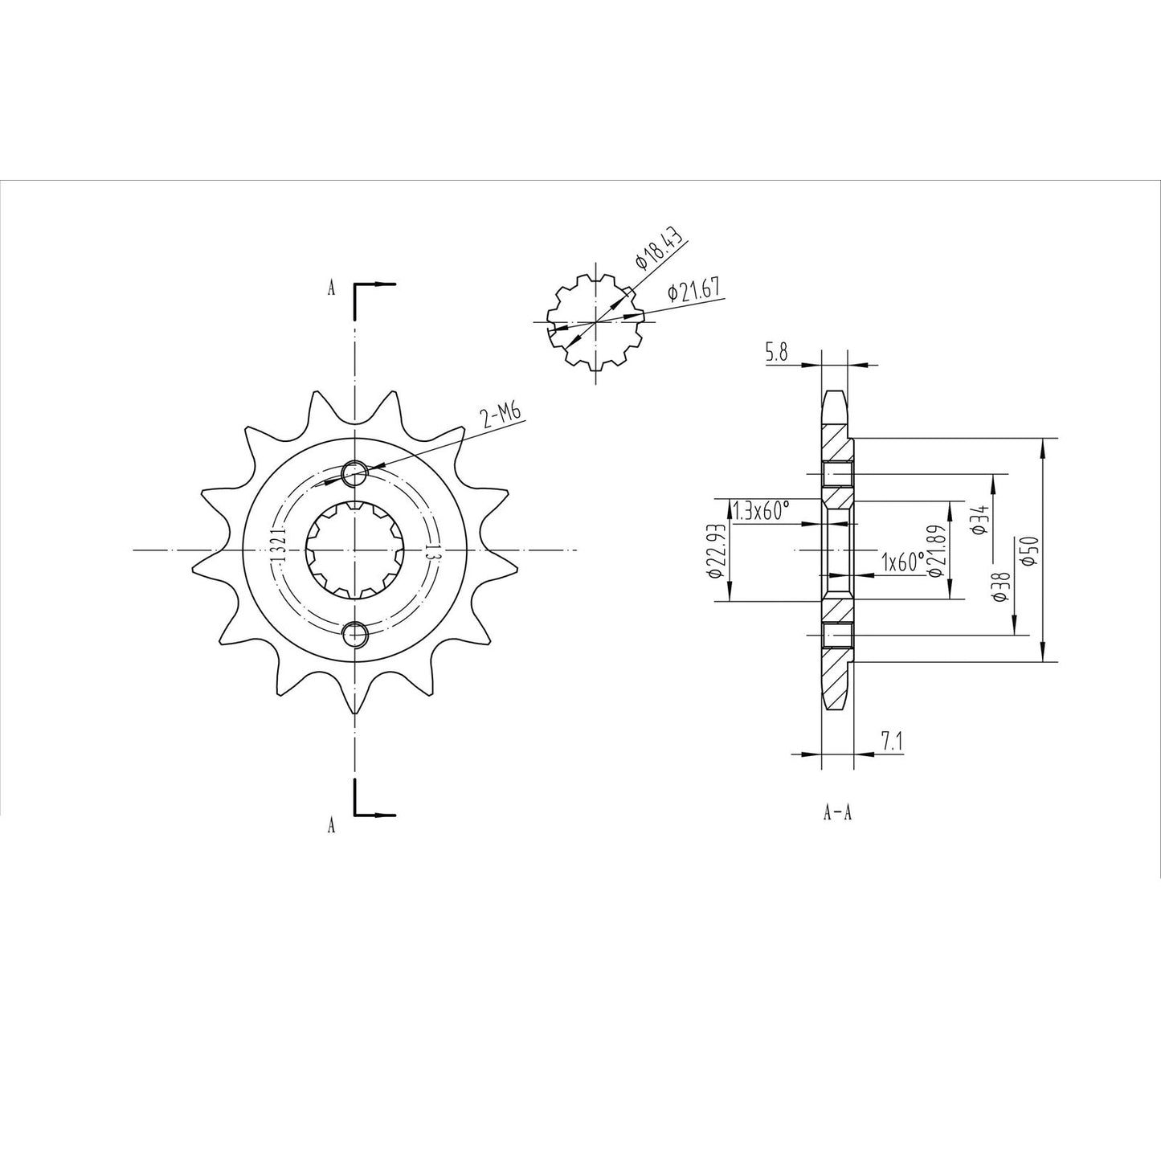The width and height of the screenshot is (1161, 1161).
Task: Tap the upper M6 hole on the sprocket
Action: point(354,474)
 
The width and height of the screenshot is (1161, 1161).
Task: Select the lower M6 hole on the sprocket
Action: point(354,634)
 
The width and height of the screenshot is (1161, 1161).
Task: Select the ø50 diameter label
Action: point(1031,550)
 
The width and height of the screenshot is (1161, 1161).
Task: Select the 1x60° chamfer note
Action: point(902,562)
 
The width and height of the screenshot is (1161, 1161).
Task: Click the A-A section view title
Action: point(837,813)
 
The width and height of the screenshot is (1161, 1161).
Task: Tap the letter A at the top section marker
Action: point(331,289)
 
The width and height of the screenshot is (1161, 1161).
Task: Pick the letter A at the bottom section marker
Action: point(331,825)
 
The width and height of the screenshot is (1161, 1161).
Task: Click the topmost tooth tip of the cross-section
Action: point(836,394)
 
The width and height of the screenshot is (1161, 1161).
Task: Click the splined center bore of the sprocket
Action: point(354,550)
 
